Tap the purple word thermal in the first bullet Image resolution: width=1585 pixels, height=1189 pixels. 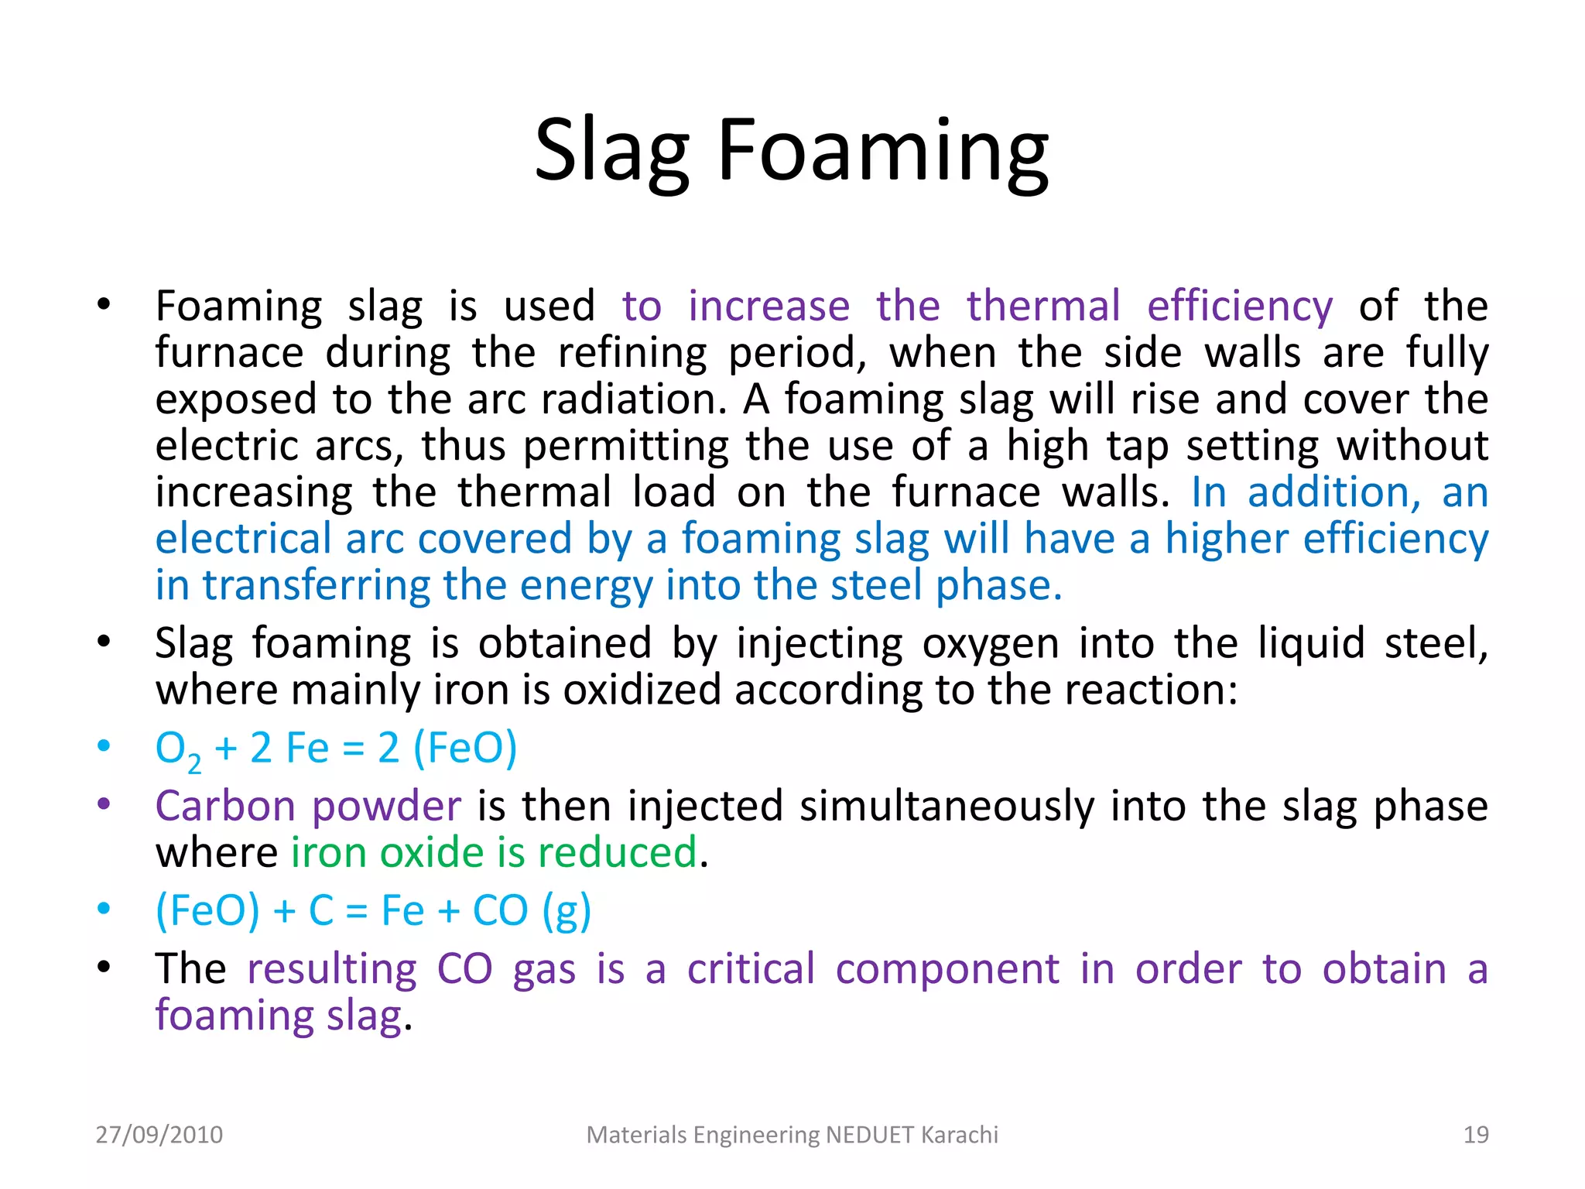click(1042, 306)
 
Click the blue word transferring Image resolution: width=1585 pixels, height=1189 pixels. click(316, 585)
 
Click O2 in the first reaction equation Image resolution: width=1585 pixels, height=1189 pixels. click(177, 749)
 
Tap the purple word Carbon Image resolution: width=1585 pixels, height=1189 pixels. click(225, 806)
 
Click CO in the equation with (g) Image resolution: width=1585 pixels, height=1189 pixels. click(500, 910)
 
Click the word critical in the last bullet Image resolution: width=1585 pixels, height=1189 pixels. click(751, 969)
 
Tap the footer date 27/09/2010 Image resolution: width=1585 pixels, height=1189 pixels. click(159, 1135)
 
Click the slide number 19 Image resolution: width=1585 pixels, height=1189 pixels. click(1476, 1135)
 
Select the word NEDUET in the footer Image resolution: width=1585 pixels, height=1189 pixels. click(870, 1135)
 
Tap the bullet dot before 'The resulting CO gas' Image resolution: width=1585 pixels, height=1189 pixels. click(104, 967)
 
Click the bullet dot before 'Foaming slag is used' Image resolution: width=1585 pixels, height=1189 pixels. click(104, 304)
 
